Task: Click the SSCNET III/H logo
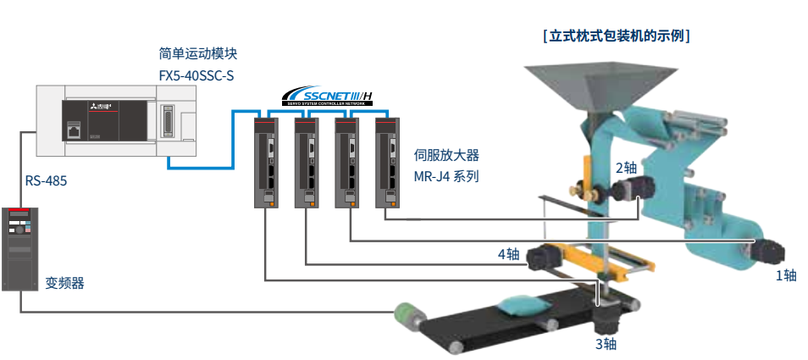click(327, 95)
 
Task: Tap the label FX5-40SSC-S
click(196, 75)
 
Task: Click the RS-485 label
click(46, 180)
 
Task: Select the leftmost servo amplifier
click(265, 162)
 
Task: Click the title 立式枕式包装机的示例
click(616, 36)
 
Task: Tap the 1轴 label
click(786, 274)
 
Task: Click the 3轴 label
click(606, 344)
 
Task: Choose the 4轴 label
click(508, 253)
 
